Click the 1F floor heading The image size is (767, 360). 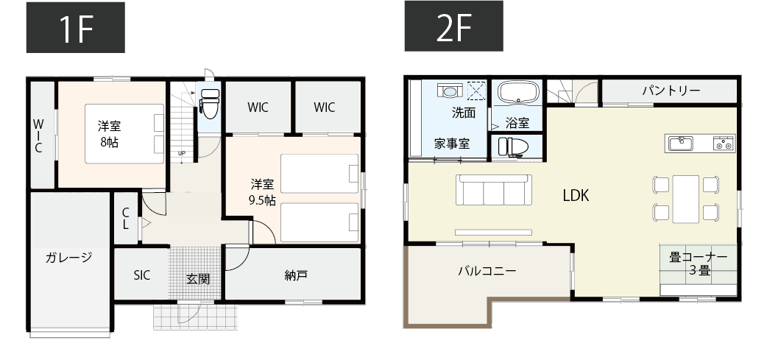[76, 29]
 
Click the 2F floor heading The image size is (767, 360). [453, 27]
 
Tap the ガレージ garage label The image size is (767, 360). [69, 258]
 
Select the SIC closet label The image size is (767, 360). [142, 275]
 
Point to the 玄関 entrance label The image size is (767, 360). [198, 279]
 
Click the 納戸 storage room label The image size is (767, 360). [296, 275]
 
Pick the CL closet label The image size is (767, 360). [126, 218]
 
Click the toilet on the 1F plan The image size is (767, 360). [210, 104]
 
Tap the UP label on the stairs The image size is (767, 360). [182, 153]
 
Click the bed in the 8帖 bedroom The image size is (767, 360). [124, 133]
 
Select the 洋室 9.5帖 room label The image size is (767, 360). [263, 192]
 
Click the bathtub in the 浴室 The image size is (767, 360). [518, 93]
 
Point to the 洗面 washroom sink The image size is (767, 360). [450, 90]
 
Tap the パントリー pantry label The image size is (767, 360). [671, 91]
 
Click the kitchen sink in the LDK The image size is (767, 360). [680, 144]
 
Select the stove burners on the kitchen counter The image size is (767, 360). [724, 143]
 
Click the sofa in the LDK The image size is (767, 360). [494, 190]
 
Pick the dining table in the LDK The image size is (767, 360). [686, 199]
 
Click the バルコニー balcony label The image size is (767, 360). [487, 270]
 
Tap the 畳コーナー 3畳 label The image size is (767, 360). [698, 263]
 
